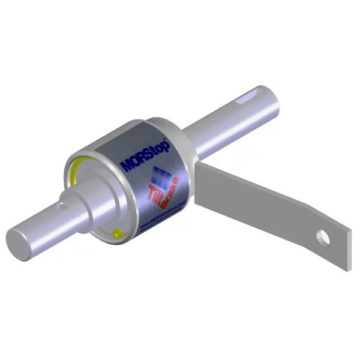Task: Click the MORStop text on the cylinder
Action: pyautogui.click(x=146, y=154)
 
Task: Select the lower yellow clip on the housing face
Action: pyautogui.click(x=118, y=233)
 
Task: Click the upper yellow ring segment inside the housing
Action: pyautogui.click(x=74, y=169)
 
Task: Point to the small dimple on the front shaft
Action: pyautogui.click(x=58, y=205)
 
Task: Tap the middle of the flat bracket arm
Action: pyautogui.click(x=258, y=198)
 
